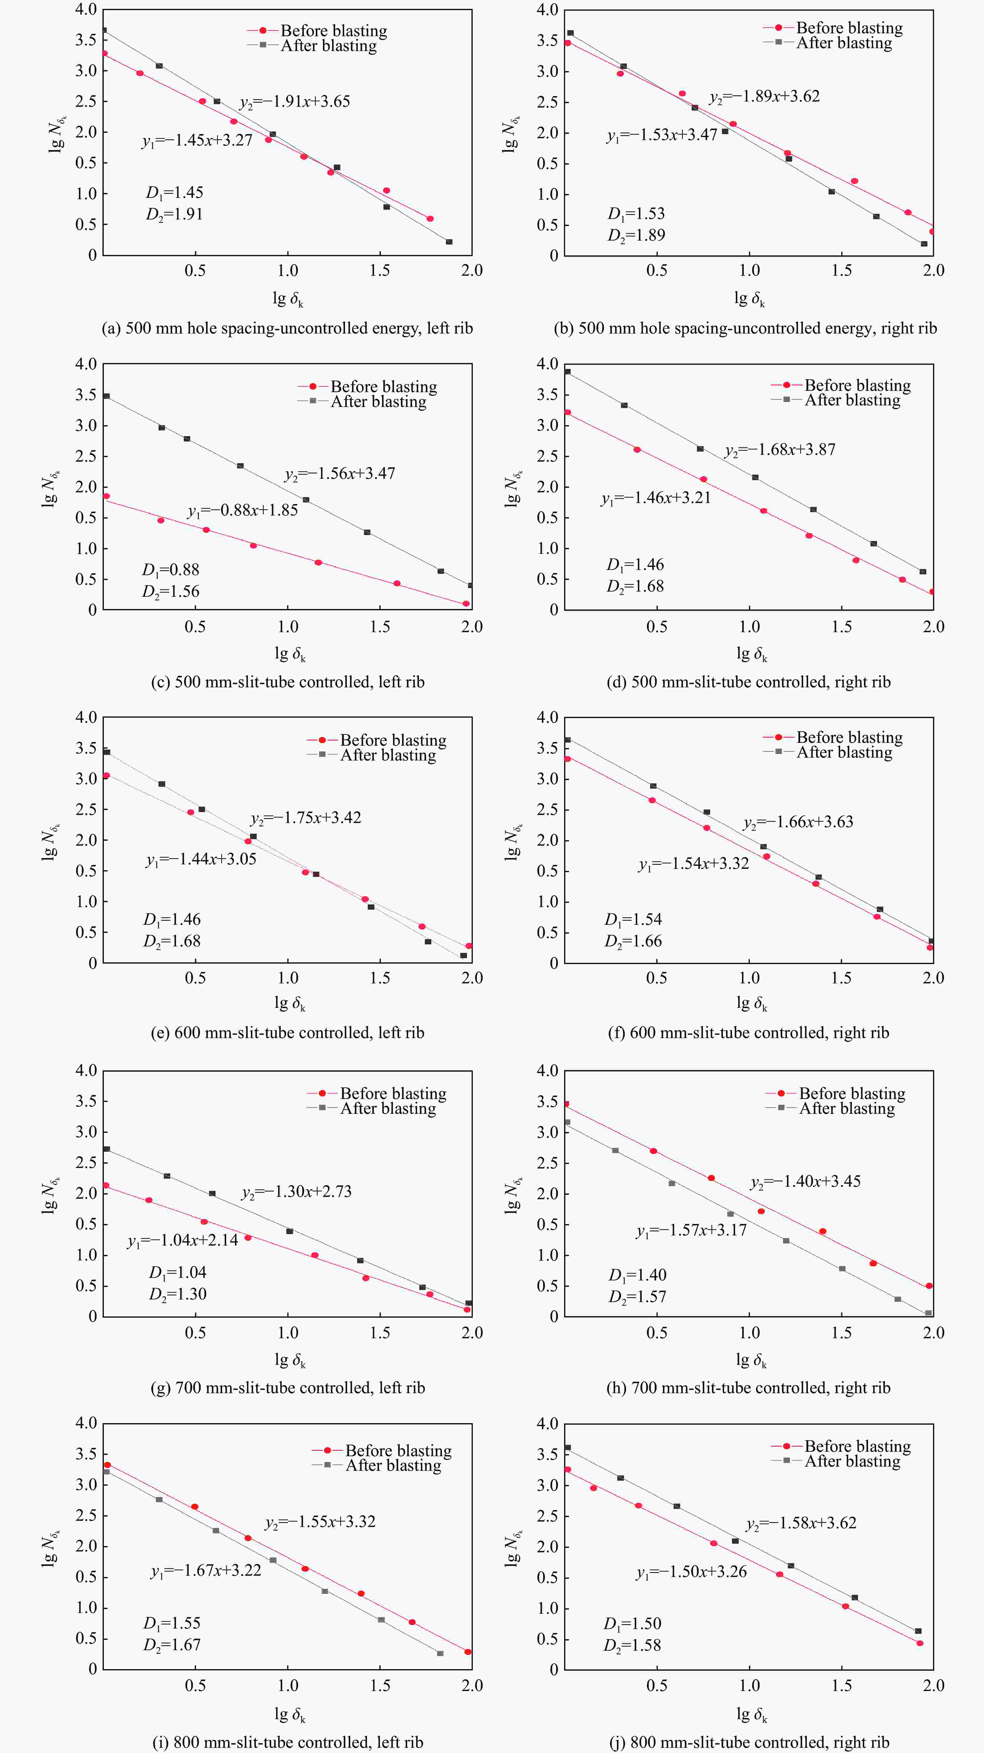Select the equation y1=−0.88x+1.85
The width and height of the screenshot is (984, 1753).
coord(243,510)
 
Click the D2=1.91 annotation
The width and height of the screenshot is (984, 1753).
coord(174,214)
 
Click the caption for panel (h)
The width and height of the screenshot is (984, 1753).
coord(748,1387)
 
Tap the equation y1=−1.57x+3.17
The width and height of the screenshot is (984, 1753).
coord(691,1230)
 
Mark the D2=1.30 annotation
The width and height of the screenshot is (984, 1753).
coord(178,1294)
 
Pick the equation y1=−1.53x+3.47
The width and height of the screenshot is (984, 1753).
coord(662,135)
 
